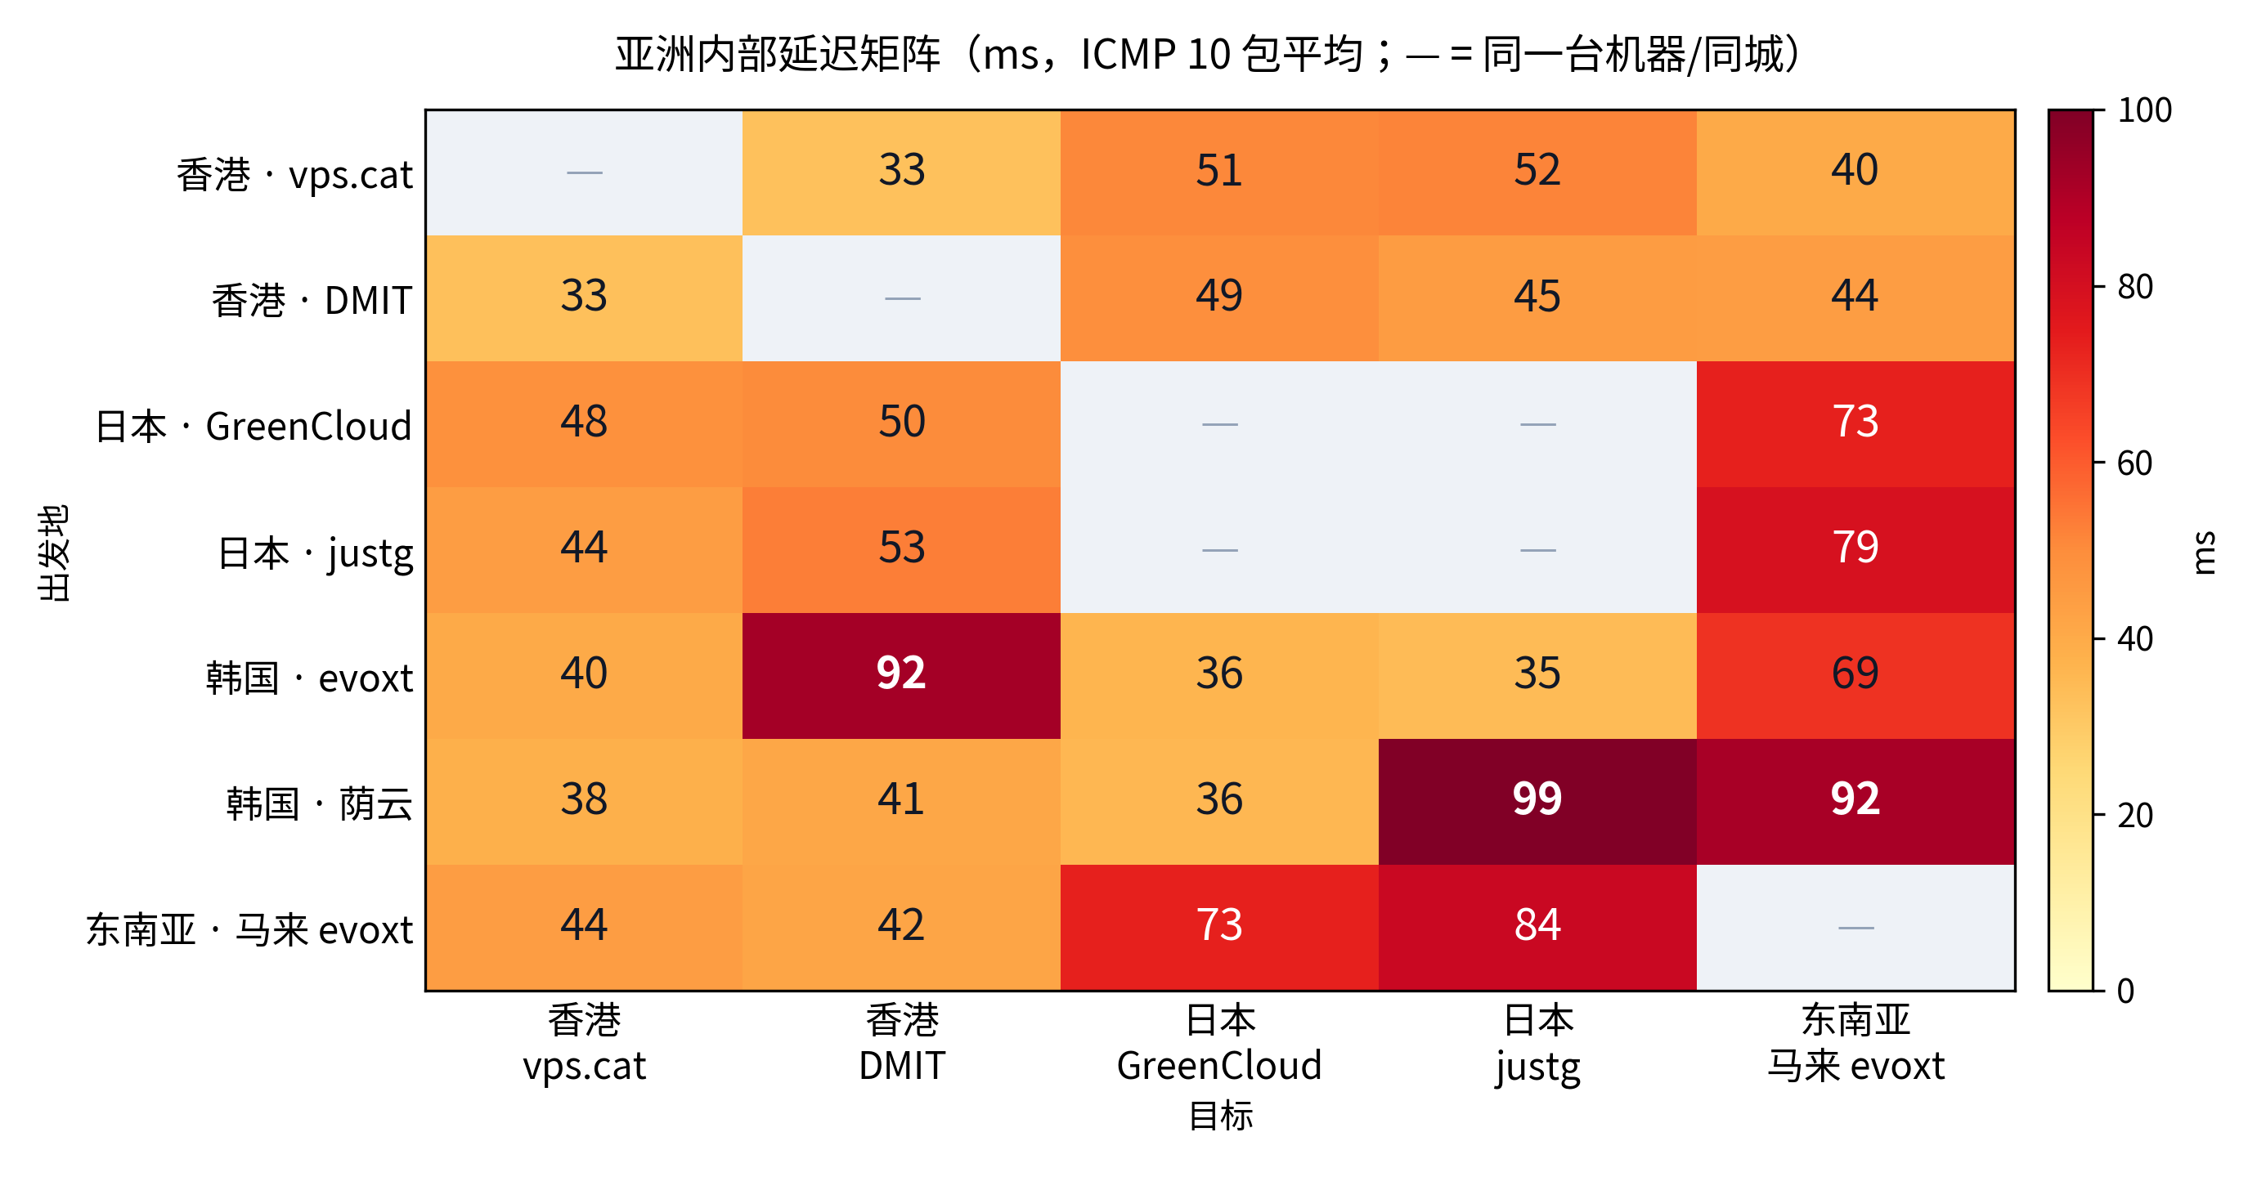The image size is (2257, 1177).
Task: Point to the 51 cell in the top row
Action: click(1219, 172)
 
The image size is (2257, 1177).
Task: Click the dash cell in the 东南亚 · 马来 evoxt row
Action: click(1855, 928)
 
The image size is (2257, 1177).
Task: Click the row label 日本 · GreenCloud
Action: click(254, 427)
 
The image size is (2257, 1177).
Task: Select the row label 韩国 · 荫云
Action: click(319, 803)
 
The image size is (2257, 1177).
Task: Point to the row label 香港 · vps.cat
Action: click(294, 174)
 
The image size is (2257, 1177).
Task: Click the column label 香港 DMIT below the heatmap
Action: click(901, 1043)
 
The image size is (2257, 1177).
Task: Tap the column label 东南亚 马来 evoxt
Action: click(1855, 1043)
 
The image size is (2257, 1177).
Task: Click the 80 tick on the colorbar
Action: click(2135, 286)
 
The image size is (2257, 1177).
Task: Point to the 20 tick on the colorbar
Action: click(2135, 816)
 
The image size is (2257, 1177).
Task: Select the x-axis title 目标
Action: click(1220, 1116)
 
